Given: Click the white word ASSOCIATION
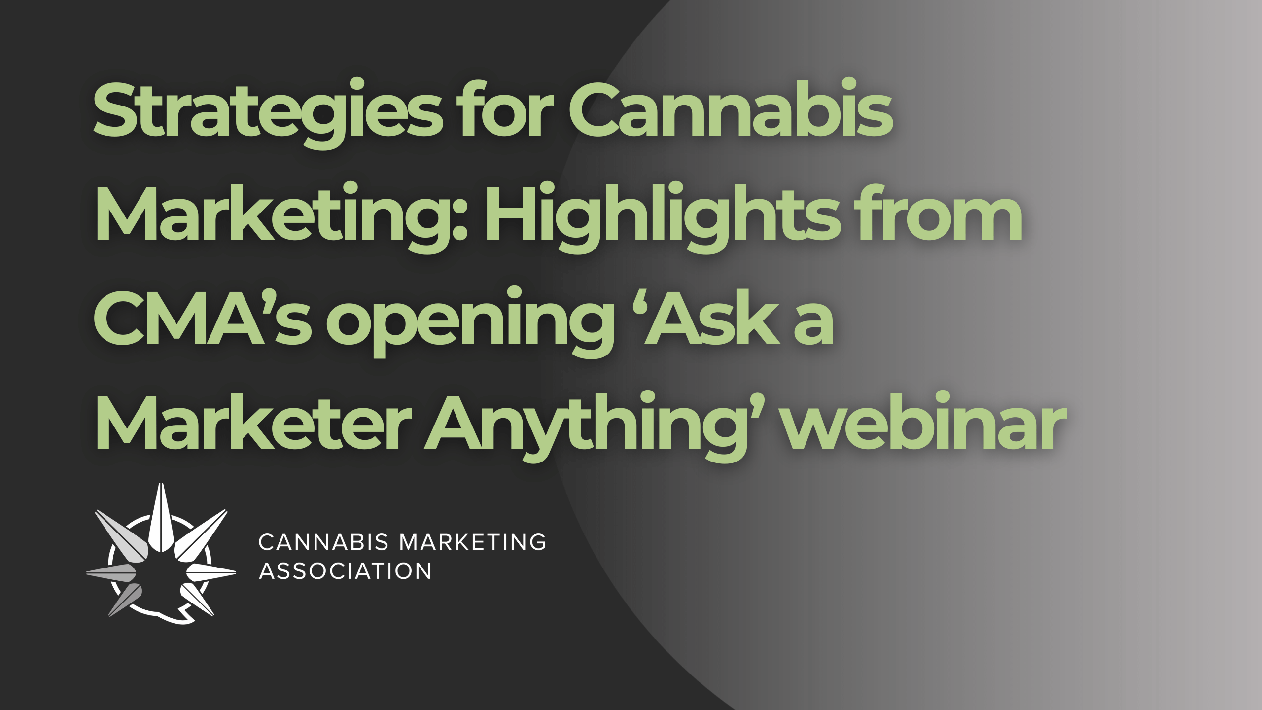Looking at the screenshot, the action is pos(345,571).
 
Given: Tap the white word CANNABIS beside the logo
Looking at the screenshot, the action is pos(323,542).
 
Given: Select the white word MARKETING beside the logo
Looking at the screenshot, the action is pos(473,542).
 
